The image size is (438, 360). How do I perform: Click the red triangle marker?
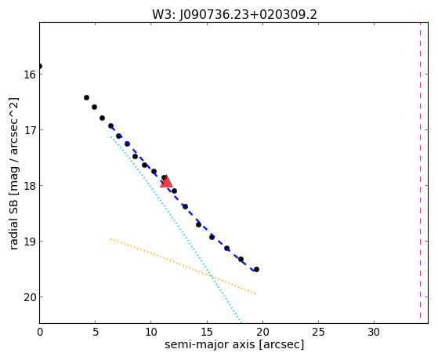(166, 181)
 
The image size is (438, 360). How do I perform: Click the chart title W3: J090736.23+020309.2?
(234, 15)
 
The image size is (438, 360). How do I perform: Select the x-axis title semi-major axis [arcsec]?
(234, 344)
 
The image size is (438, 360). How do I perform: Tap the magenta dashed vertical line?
(420, 170)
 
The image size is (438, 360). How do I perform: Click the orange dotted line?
(183, 266)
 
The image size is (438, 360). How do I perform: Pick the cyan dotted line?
(176, 229)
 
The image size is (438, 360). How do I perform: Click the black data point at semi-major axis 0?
(40, 67)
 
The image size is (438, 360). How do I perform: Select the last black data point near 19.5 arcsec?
(256, 269)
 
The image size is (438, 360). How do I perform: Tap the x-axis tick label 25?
(318, 332)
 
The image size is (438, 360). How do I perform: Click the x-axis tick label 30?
(374, 332)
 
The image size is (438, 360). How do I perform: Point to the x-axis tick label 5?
(96, 332)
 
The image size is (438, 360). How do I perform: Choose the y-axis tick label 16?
(29, 75)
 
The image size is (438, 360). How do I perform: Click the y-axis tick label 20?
(29, 297)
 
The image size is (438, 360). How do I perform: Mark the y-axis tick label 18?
(29, 186)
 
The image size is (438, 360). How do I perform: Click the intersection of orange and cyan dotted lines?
(212, 277)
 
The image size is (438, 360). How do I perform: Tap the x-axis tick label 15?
(207, 332)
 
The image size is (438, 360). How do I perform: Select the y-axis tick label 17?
(29, 130)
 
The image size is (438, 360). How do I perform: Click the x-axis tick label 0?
(40, 332)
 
